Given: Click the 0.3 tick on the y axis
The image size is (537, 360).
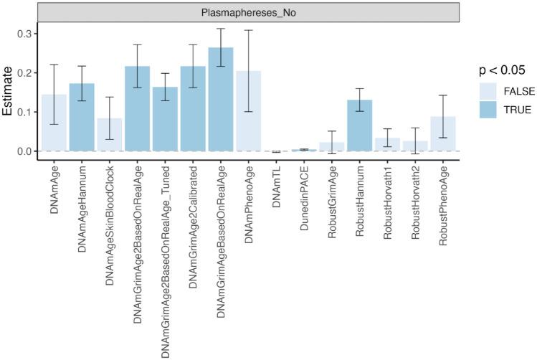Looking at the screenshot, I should coord(24,34).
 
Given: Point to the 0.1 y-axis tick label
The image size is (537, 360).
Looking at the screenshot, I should coord(24,112).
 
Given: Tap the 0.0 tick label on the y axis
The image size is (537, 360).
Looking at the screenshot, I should coord(24,151).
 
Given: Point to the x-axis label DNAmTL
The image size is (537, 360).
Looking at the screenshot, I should coord(277,179).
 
